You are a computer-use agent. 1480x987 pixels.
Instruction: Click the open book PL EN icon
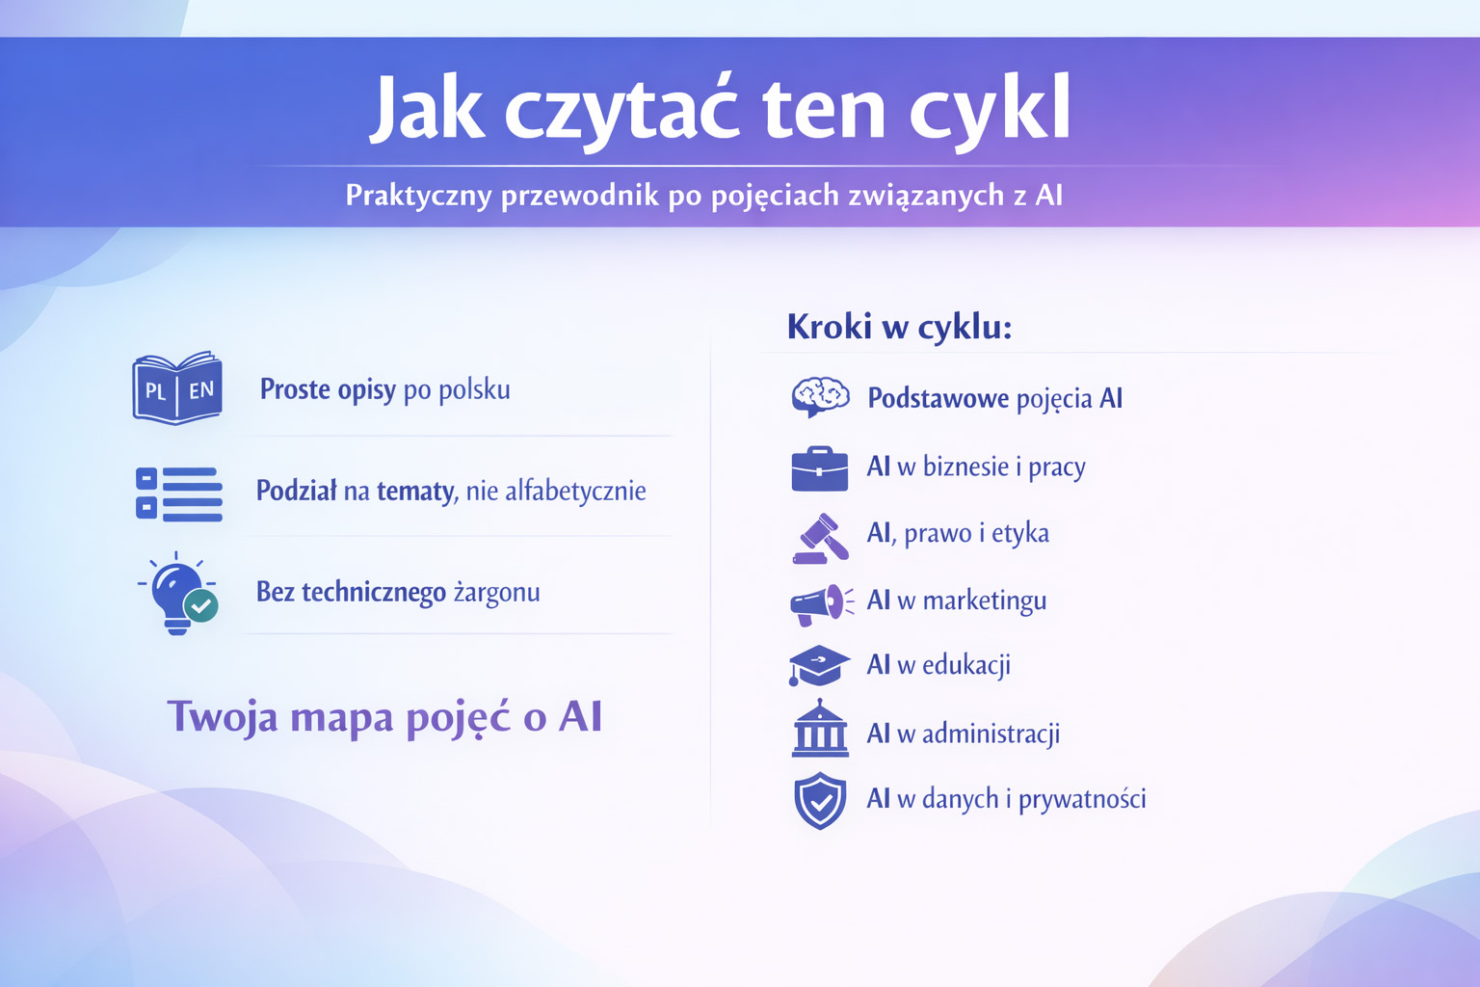(177, 388)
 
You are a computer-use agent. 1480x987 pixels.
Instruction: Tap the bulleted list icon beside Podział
(179, 493)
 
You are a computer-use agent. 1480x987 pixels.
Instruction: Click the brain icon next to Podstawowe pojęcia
(819, 396)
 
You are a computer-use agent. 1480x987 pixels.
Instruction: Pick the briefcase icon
(819, 468)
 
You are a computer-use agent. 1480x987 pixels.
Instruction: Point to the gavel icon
(821, 537)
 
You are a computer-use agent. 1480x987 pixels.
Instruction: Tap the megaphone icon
(821, 604)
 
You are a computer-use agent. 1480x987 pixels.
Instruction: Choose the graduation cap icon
(819, 665)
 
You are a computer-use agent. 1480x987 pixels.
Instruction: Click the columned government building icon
(819, 729)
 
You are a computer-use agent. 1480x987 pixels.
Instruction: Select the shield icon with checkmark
(820, 800)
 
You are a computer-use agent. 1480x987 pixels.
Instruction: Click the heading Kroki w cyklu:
(899, 328)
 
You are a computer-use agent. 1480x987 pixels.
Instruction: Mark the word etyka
(1019, 534)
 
